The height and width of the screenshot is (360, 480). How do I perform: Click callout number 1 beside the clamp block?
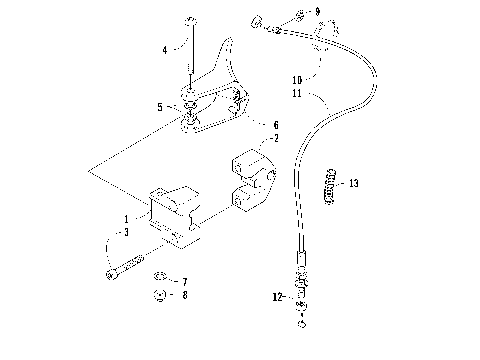click(126, 217)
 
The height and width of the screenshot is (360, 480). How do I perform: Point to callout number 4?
click(165, 48)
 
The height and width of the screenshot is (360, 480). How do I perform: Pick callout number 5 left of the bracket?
click(159, 106)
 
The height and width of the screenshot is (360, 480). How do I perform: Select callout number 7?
click(184, 281)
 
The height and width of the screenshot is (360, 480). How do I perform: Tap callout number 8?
click(184, 296)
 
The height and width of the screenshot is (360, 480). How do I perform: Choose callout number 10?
click(296, 78)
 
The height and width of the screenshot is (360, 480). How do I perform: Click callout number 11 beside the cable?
click(296, 92)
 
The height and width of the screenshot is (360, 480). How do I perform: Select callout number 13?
click(353, 183)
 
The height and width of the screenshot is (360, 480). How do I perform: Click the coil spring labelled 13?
click(331, 185)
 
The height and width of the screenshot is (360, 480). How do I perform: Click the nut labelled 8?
click(159, 296)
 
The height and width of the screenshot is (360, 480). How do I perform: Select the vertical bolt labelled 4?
click(189, 50)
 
